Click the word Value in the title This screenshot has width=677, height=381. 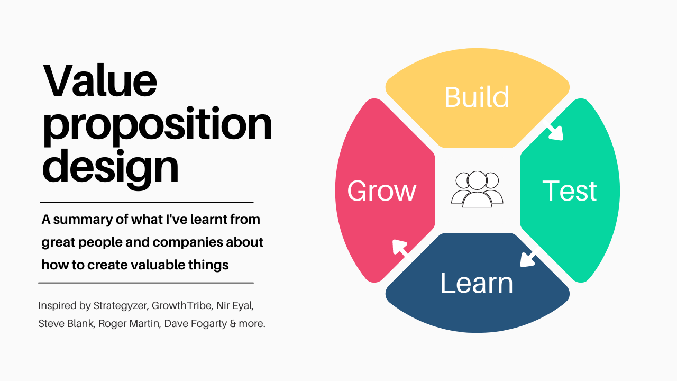click(100, 81)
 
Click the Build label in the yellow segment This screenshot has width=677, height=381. click(477, 97)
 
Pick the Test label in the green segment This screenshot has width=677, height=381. click(570, 191)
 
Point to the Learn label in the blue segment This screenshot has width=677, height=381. click(477, 283)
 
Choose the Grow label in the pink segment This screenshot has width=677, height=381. click(382, 191)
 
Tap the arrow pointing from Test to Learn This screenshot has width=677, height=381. click(528, 259)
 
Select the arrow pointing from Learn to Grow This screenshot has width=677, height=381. click(400, 248)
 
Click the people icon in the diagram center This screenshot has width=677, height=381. click(477, 189)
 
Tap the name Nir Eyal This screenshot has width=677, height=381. click(241, 306)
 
